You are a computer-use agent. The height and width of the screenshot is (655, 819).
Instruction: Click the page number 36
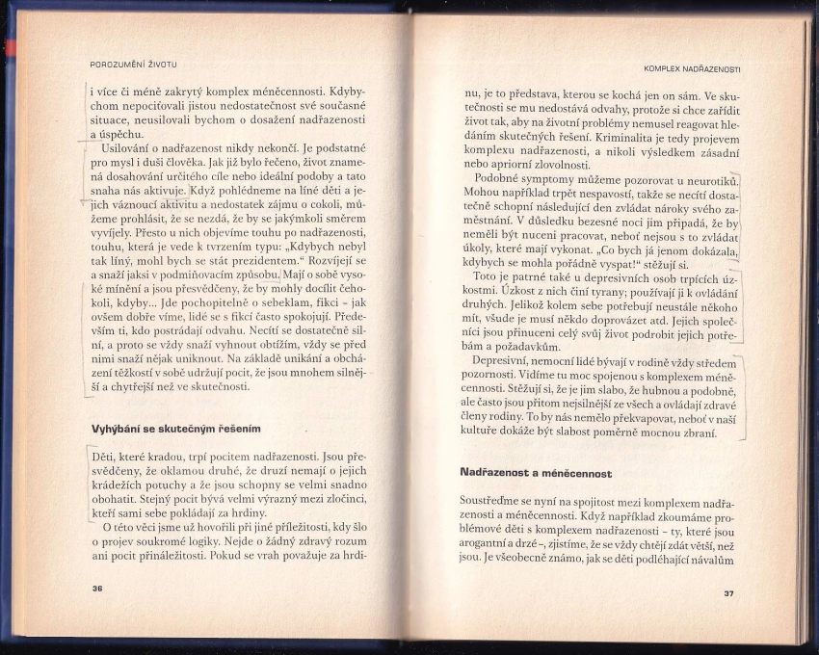[96, 587]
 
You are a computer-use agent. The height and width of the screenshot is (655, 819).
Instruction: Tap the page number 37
[727, 592]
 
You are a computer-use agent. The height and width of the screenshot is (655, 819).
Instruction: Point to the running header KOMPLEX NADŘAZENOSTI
[699, 68]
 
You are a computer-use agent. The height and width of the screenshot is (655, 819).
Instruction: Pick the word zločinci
[340, 500]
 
